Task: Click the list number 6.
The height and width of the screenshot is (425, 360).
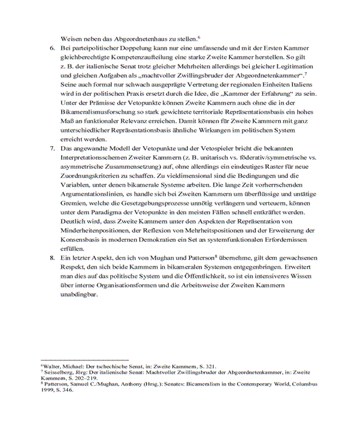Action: pyautogui.click(x=52, y=47)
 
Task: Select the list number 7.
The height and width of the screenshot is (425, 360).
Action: pyautogui.click(x=52, y=148)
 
